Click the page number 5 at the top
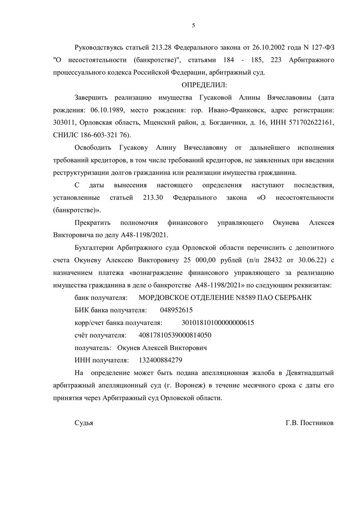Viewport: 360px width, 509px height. click(193, 25)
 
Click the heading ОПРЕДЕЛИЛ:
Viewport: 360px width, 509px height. click(205, 85)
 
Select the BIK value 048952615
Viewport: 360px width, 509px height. click(176, 310)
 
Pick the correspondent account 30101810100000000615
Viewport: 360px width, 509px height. click(218, 323)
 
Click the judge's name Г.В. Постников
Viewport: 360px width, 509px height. click(310, 423)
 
